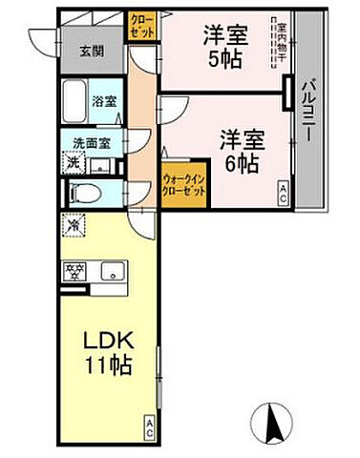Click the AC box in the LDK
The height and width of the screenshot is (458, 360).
click(x=151, y=426)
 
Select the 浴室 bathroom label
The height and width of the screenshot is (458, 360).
click(x=103, y=97)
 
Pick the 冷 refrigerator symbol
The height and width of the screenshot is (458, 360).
click(x=74, y=227)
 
